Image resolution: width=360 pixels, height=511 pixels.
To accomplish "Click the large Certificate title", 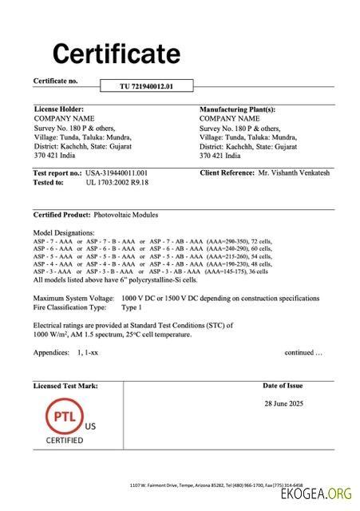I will click(117, 53).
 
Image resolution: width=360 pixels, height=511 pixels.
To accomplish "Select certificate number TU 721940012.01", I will click(146, 85).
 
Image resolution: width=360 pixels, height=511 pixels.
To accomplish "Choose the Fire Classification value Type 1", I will click(131, 307).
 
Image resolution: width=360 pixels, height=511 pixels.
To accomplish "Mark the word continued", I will click(303, 352).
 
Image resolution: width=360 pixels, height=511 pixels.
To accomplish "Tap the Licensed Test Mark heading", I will click(65, 386).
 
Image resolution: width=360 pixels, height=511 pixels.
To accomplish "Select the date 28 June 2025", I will click(284, 403).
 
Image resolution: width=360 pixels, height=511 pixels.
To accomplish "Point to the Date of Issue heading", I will click(283, 386).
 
